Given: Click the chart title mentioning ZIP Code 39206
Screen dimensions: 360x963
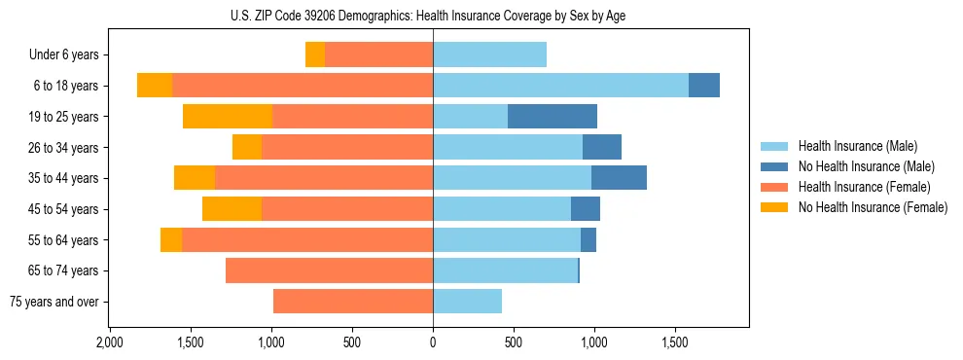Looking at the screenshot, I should (433, 16).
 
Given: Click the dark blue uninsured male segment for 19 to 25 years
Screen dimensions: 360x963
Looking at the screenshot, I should (552, 117).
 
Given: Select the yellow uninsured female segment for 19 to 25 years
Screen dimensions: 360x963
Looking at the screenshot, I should (227, 117).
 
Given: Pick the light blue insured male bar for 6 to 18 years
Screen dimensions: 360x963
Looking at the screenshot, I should (560, 86).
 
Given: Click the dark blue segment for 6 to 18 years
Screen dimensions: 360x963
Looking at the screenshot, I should (704, 86).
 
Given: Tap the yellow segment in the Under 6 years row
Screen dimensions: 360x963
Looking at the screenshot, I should (315, 54).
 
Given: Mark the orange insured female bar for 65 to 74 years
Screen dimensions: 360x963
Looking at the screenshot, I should (329, 270).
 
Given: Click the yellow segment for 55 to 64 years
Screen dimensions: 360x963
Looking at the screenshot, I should (171, 239).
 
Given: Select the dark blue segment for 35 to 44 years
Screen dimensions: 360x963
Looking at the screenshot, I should (619, 178).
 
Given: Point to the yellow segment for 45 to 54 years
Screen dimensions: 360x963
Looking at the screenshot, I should (232, 209).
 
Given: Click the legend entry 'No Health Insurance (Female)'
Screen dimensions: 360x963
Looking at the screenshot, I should (873, 207).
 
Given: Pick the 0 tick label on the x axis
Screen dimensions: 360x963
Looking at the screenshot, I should (433, 343).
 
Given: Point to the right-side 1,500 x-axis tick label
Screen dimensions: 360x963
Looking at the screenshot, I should (675, 343).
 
